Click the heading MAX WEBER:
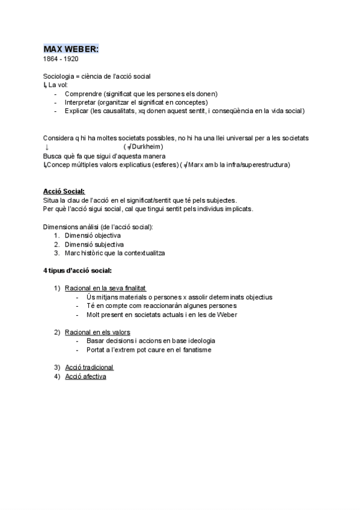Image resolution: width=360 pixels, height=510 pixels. click(x=71, y=49)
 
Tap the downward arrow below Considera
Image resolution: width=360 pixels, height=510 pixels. click(x=46, y=147)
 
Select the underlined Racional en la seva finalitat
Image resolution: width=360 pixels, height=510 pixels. click(x=105, y=288)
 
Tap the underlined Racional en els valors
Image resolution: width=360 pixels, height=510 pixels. click(x=97, y=332)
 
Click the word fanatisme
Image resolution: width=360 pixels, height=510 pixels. click(x=194, y=349)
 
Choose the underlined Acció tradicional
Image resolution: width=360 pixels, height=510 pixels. click(x=89, y=367)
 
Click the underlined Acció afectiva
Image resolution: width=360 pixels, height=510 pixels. click(x=85, y=376)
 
